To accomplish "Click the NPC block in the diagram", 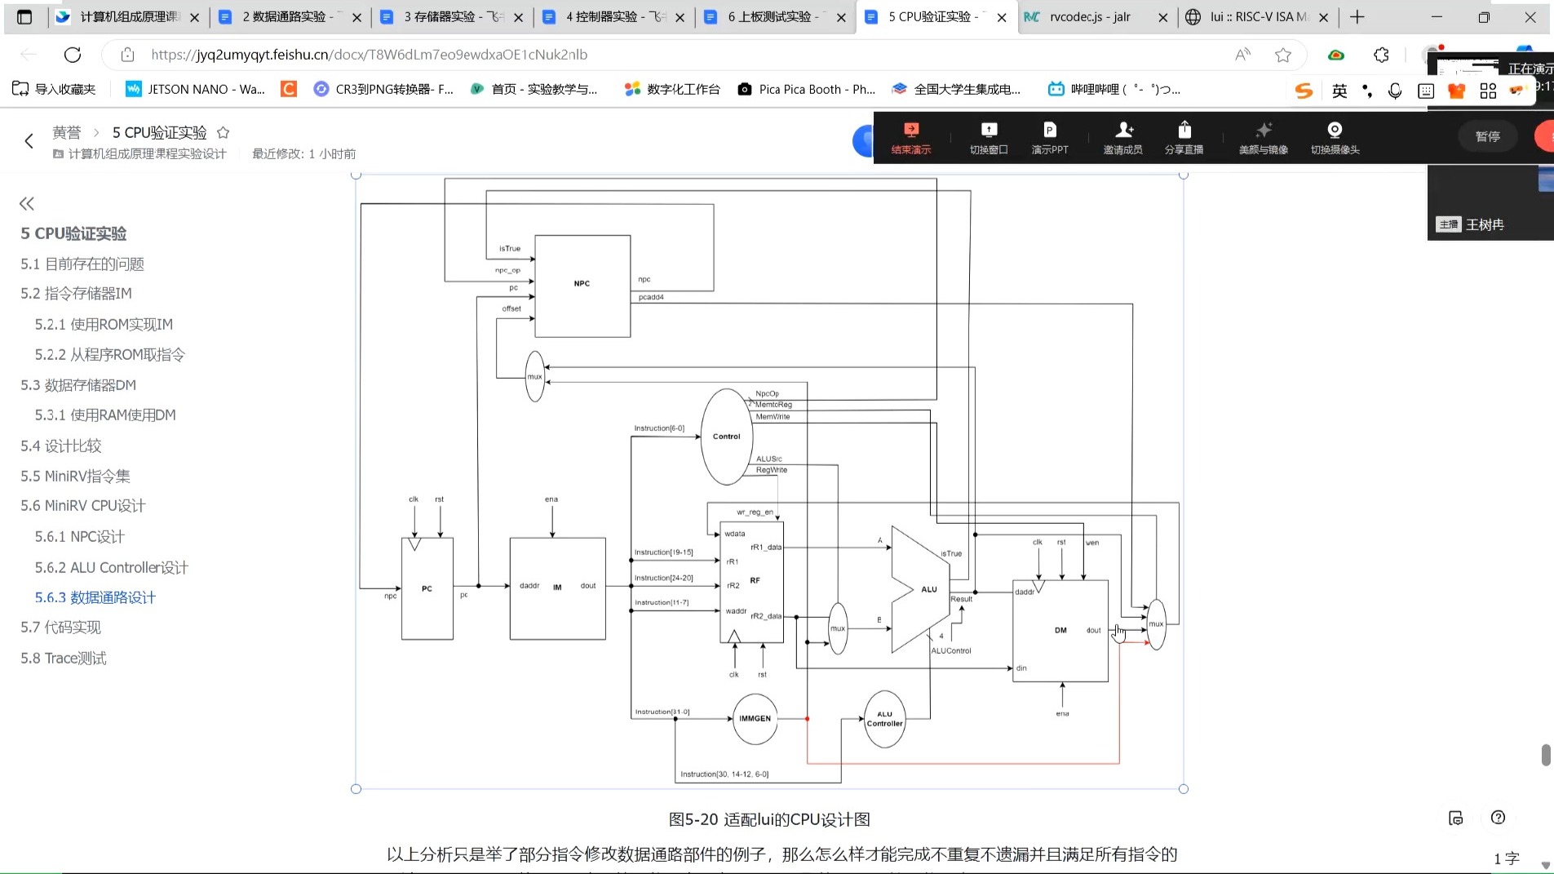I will pyautogui.click(x=582, y=286).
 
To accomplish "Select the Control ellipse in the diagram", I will pyautogui.click(x=726, y=437).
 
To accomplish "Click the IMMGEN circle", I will pyautogui.click(x=755, y=718).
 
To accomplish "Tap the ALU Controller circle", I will pyautogui.click(x=884, y=719).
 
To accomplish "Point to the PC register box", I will pyautogui.click(x=427, y=588).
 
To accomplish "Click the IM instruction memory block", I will pyautogui.click(x=557, y=588).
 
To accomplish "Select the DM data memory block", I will pyautogui.click(x=1060, y=630).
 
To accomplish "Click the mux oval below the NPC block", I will pyautogui.click(x=534, y=376).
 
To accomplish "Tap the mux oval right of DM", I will pyautogui.click(x=1156, y=624).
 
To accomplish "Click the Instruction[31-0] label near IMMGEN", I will pyautogui.click(x=662, y=712).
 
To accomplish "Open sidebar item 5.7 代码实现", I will pyautogui.click(x=60, y=627).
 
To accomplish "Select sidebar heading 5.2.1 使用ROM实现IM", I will pyautogui.click(x=104, y=324).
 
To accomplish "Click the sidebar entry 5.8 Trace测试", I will pyautogui.click(x=64, y=658).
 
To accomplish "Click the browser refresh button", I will pyautogui.click(x=73, y=55).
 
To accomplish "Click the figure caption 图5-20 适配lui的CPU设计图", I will pyautogui.click(x=768, y=819).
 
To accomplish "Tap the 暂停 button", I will pyautogui.click(x=1487, y=136).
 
